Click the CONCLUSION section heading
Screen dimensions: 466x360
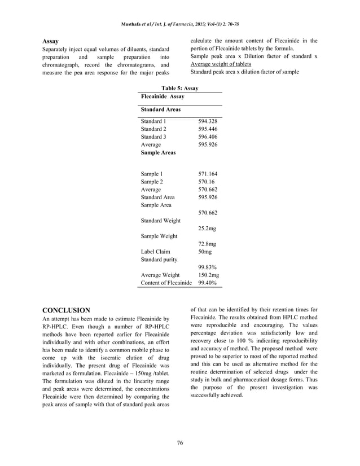(67, 310)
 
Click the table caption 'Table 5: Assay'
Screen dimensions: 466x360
(179, 89)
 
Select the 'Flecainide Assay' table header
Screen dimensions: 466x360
(163, 97)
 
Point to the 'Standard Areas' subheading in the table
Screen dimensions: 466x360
(161, 109)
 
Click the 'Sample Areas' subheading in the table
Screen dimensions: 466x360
(158, 153)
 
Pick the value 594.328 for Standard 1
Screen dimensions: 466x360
(208, 121)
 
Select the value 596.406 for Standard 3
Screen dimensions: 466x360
(208, 137)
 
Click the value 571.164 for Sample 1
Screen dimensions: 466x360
(208, 174)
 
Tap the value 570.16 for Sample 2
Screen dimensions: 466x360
(206, 182)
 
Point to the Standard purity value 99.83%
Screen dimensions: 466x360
(208, 267)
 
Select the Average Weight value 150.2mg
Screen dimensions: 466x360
(209, 275)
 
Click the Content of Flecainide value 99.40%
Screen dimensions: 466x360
(208, 283)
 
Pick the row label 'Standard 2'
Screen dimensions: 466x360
(153, 129)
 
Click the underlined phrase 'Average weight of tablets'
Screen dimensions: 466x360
(221, 64)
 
